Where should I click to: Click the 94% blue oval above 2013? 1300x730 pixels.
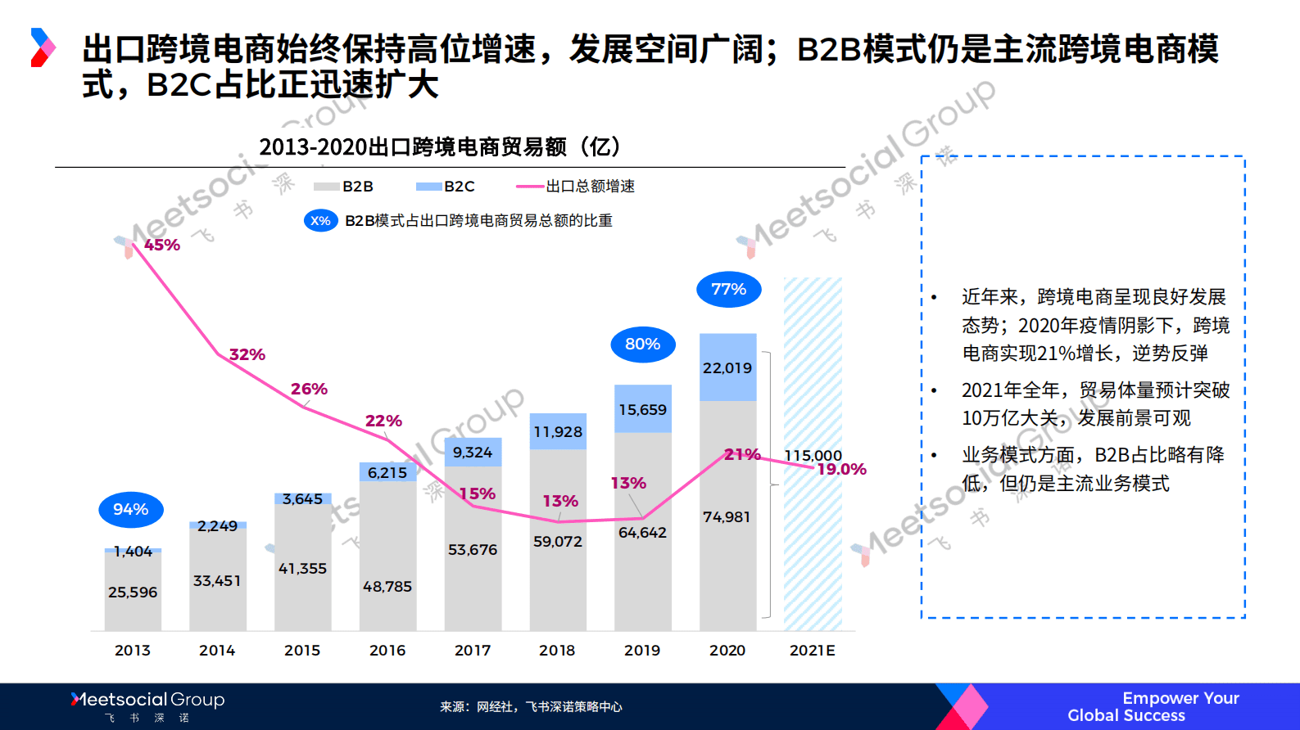(131, 510)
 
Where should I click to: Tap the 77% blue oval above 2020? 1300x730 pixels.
(729, 290)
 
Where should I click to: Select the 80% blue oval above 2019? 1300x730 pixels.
(643, 345)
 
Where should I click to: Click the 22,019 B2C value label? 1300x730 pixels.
(727, 368)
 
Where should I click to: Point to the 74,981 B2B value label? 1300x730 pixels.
(727, 517)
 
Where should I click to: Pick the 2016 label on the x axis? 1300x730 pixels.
(387, 651)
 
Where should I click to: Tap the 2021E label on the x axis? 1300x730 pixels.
(813, 651)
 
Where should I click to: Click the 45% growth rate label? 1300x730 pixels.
(162, 245)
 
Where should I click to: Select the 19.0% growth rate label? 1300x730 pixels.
(842, 470)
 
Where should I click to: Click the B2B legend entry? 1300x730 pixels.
(344, 187)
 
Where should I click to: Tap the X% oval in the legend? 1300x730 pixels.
(321, 221)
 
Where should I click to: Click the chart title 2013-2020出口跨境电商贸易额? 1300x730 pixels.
(441, 147)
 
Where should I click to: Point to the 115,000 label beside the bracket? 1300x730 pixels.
(813, 455)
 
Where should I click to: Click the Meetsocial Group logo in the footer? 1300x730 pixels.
(148, 701)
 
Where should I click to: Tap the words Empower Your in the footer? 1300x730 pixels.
(1180, 698)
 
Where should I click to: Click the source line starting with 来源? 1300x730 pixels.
(531, 707)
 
